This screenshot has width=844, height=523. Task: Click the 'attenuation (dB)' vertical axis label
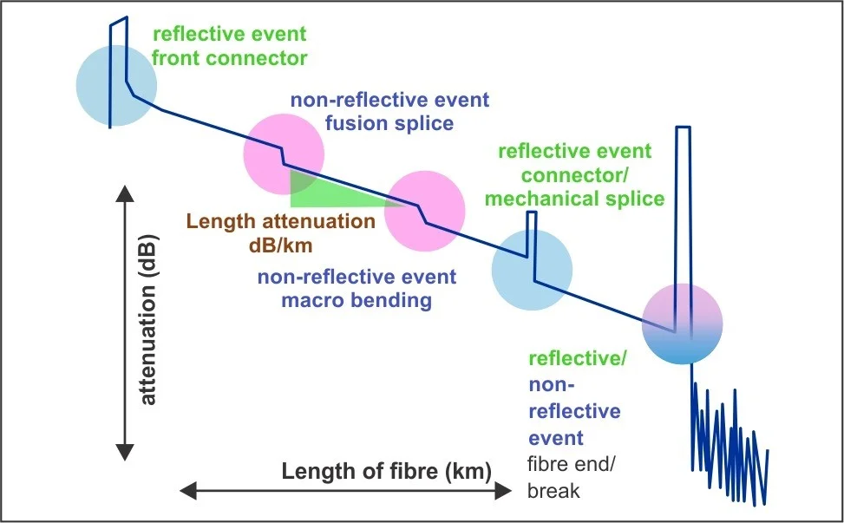(148, 319)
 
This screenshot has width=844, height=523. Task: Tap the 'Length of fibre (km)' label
(387, 471)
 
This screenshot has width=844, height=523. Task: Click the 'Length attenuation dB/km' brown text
(280, 233)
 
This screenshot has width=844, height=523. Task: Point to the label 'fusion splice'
(389, 123)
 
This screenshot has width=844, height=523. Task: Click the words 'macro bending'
(357, 300)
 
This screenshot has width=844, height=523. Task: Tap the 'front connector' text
(229, 58)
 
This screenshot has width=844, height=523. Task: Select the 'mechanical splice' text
(574, 199)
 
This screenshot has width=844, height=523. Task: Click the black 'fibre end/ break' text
(571, 477)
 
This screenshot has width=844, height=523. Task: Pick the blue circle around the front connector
(116, 86)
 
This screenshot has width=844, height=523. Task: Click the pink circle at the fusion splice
(284, 154)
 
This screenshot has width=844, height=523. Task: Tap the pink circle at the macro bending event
(425, 211)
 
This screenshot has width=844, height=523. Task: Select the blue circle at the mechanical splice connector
(532, 270)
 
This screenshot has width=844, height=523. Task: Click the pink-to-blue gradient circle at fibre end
(683, 324)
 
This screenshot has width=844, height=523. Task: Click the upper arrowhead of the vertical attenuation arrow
(125, 193)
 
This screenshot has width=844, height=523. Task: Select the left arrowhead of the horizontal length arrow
(188, 491)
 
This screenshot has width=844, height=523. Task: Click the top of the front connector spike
(119, 20)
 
